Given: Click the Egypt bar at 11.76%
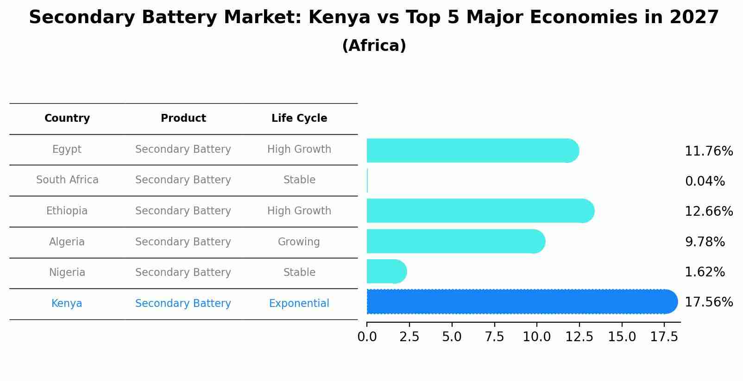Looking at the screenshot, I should click(472, 150).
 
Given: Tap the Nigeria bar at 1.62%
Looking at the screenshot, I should click(386, 272).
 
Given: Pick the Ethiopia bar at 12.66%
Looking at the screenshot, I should click(480, 211).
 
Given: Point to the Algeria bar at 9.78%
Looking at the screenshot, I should click(456, 242).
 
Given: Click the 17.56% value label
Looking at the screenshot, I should click(709, 302).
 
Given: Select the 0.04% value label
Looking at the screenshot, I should click(705, 181).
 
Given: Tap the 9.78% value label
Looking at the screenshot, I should click(705, 242).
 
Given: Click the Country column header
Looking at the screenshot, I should click(67, 119).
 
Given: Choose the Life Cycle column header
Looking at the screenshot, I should click(299, 119).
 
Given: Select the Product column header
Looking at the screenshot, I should click(183, 119).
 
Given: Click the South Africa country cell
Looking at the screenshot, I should click(67, 180).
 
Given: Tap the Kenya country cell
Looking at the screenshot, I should click(67, 304).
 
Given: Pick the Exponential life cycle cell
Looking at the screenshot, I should click(299, 304).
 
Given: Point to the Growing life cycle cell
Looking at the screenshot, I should click(299, 242).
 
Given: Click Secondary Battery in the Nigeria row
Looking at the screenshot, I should click(183, 273).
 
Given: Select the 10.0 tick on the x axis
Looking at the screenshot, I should click(537, 337).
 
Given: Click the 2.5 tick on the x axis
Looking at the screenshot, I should click(409, 337).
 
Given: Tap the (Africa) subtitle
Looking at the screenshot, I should click(374, 46).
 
